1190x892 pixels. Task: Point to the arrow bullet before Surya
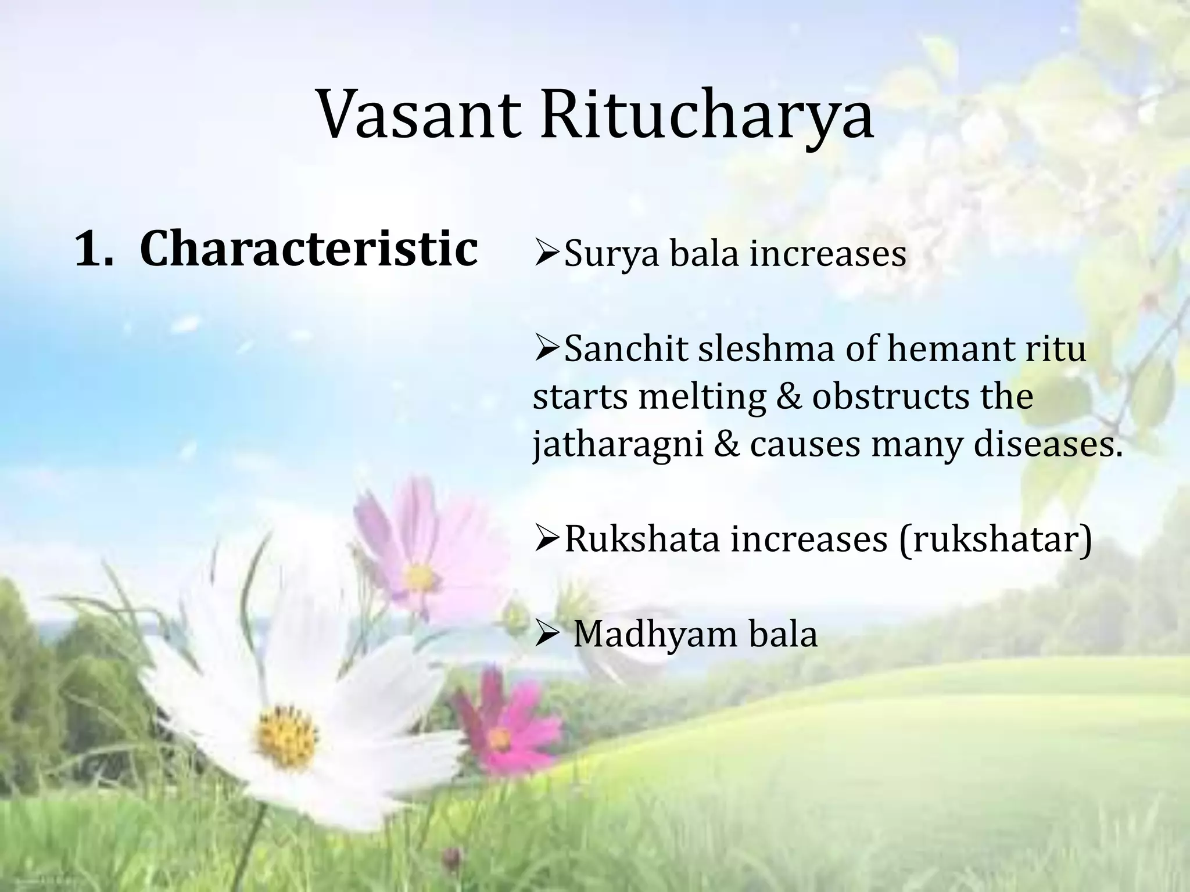[x=547, y=254]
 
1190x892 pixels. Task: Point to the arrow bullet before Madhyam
[x=547, y=635]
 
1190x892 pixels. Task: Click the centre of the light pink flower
[x=418, y=577]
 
